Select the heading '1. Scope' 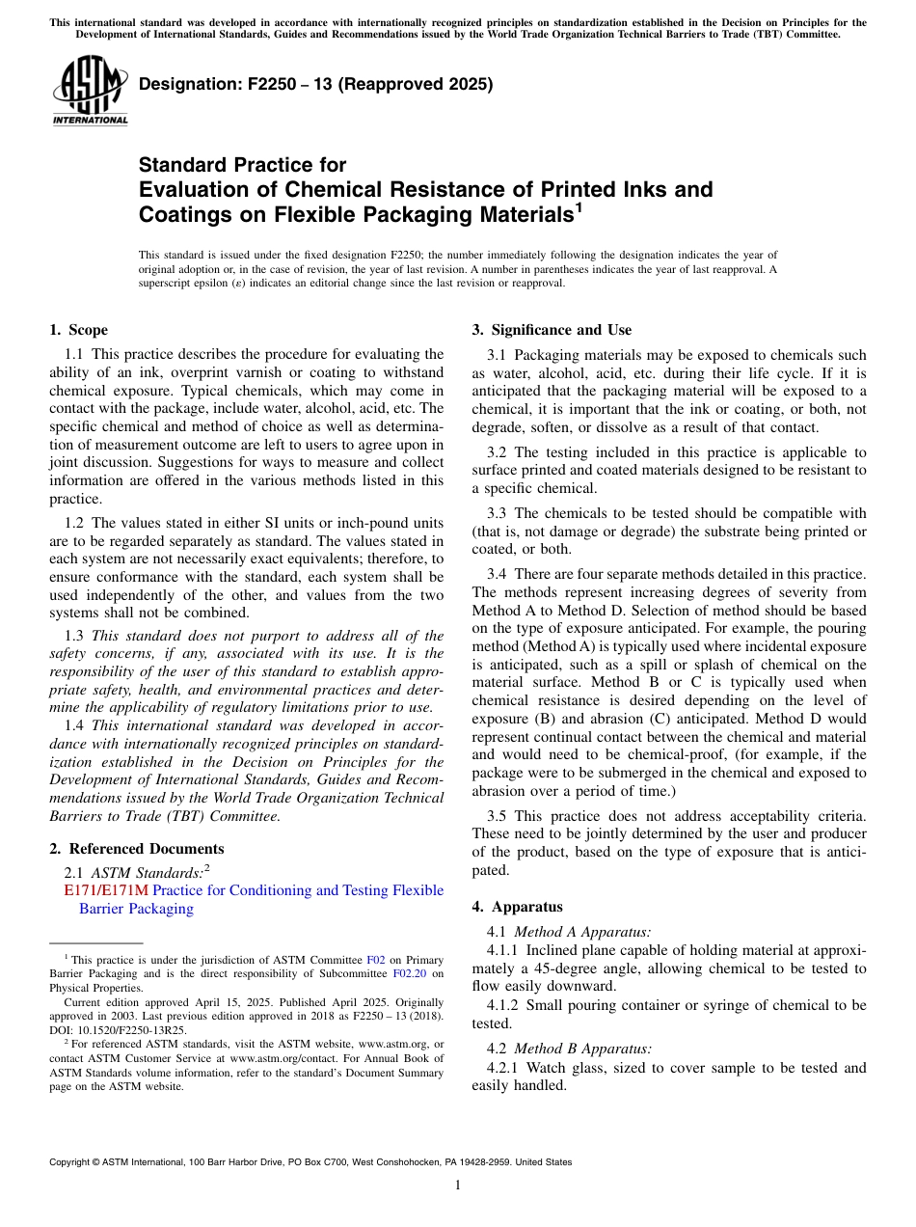click(79, 330)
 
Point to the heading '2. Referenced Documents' click(137, 849)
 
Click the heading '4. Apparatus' click(518, 907)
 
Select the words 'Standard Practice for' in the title click(242, 165)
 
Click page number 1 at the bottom click(458, 1186)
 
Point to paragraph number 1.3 click(75, 635)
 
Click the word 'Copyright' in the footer click(71, 1162)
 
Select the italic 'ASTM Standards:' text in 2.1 click(148, 872)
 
